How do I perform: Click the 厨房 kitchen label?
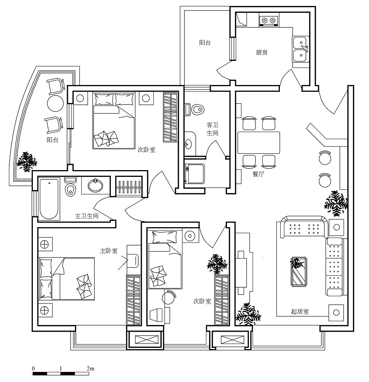pyautogui.click(x=262, y=53)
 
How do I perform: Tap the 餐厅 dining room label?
pyautogui.click(x=258, y=174)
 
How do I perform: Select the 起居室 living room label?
pyautogui.click(x=300, y=311)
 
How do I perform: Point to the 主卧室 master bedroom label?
pyautogui.click(x=109, y=251)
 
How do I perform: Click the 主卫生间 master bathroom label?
pyautogui.click(x=87, y=216)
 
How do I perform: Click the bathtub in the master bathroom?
pyautogui.click(x=49, y=199)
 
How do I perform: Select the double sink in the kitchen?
pyautogui.click(x=300, y=49)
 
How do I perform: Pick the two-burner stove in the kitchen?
pyautogui.click(x=268, y=20)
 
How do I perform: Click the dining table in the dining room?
pyautogui.click(x=259, y=142)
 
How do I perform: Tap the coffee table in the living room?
pyautogui.click(x=299, y=271)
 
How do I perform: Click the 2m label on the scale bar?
pyautogui.click(x=90, y=369)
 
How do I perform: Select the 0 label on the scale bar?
pyautogui.click(x=34, y=369)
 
